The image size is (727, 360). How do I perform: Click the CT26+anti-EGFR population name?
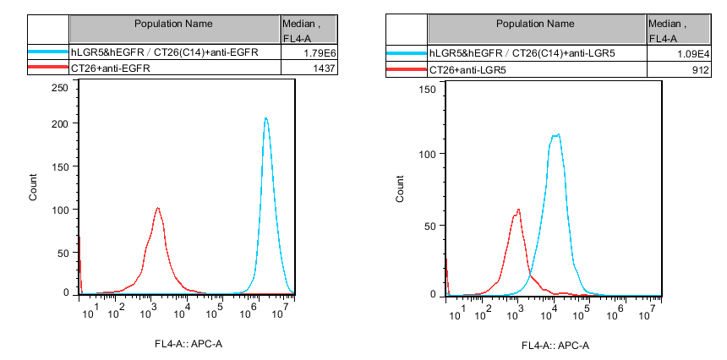111,68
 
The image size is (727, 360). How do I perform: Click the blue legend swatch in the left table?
48,53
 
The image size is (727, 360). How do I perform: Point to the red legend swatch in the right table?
407,68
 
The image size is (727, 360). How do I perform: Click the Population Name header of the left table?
174,24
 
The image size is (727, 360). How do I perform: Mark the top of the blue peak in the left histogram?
265,118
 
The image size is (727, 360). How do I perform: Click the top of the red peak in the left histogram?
157,208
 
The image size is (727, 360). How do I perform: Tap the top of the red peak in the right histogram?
518,210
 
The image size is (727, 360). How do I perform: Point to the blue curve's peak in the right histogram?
556,134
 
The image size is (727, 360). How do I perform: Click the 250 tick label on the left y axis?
59,87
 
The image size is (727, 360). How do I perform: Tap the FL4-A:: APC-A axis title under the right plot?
555,345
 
